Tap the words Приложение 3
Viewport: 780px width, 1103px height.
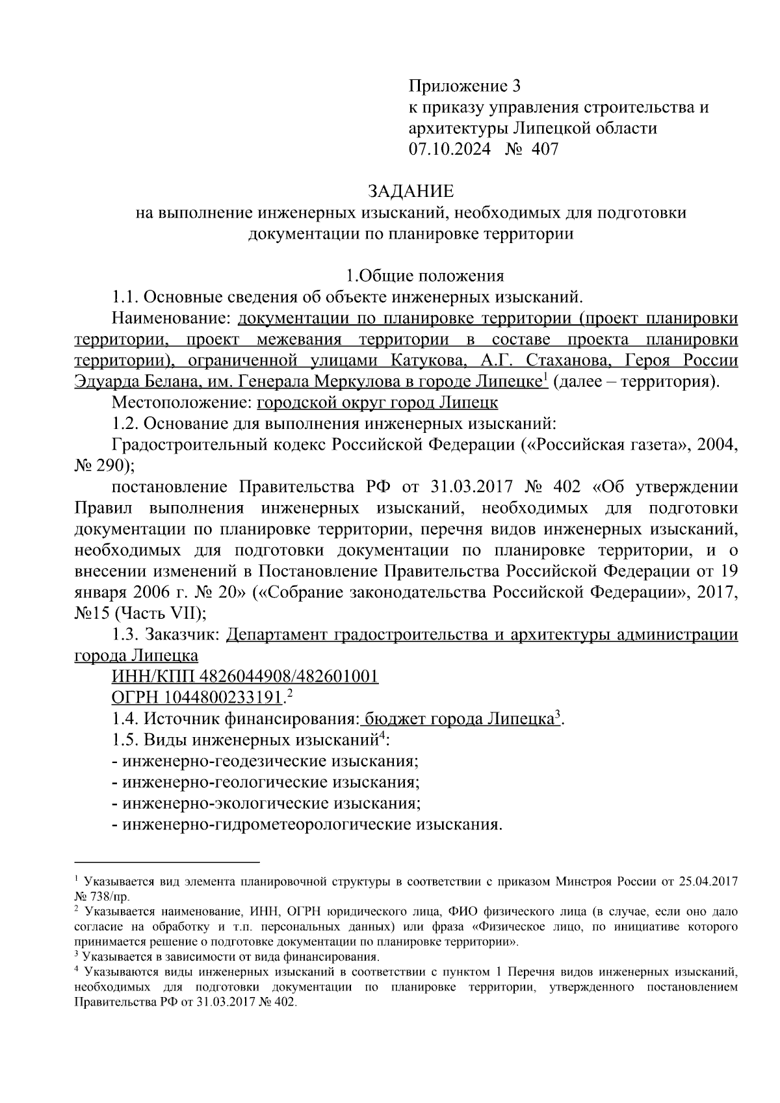(x=465, y=86)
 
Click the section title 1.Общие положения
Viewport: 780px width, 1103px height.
(x=424, y=276)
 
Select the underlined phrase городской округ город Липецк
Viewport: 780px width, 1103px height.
(x=377, y=402)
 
